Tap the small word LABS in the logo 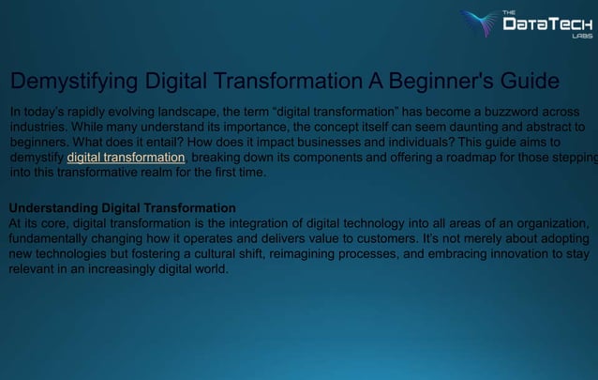pyautogui.click(x=582, y=37)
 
